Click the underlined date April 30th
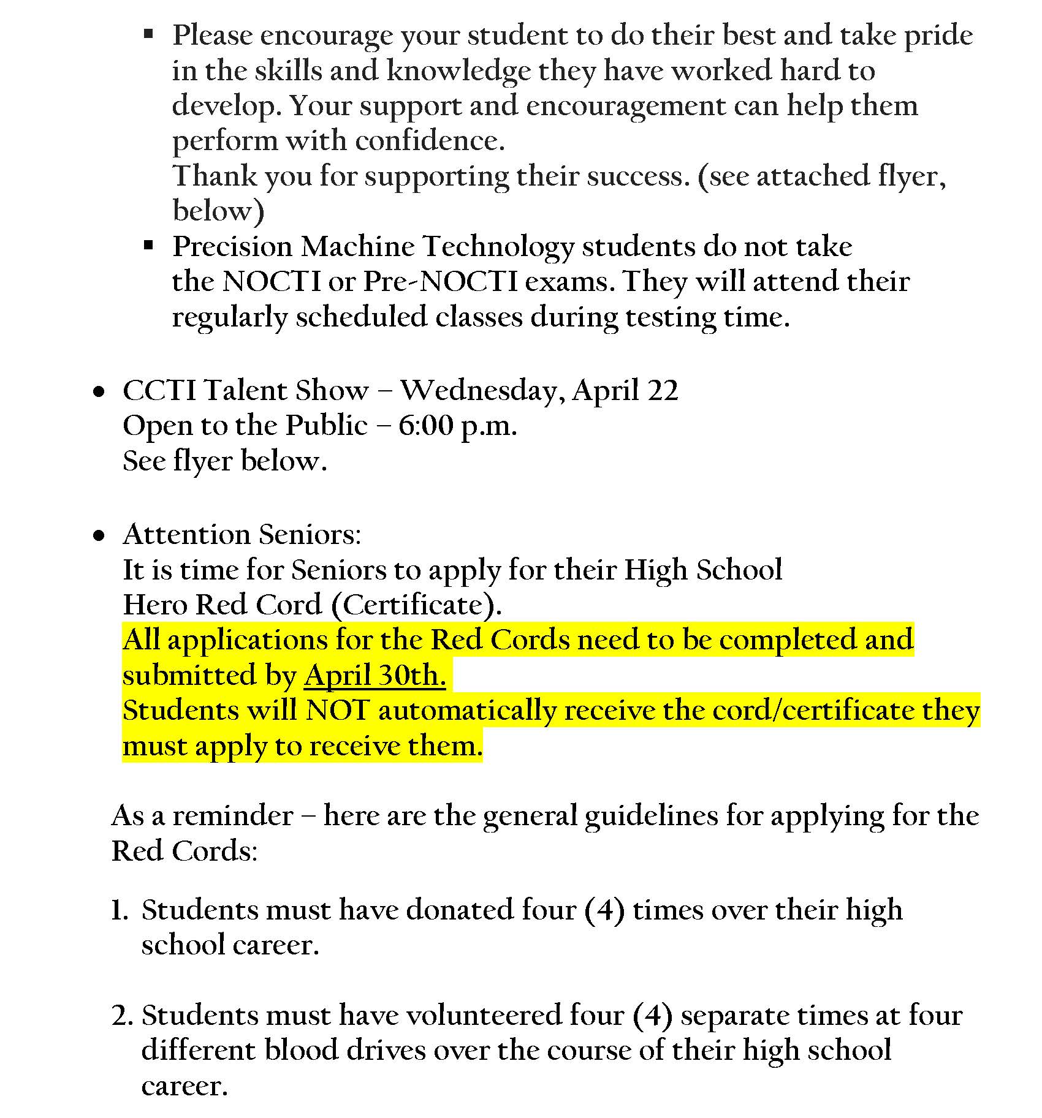pos(375,676)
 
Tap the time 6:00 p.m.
pos(457,426)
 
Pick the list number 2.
pos(121,1016)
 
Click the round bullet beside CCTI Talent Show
pos(99,392)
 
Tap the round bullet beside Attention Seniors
pos(99,537)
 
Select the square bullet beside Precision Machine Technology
pos(148,246)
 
